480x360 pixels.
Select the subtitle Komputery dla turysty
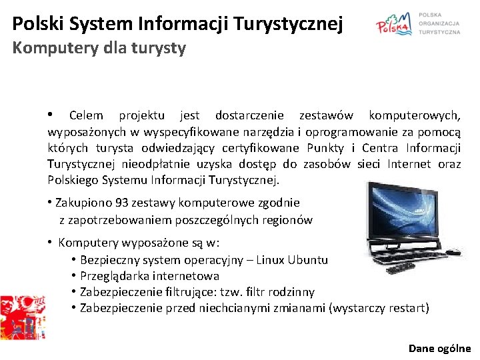(99, 48)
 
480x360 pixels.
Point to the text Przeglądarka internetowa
(149, 276)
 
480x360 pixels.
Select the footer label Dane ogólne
(439, 348)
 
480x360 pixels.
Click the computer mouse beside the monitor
(453, 252)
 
